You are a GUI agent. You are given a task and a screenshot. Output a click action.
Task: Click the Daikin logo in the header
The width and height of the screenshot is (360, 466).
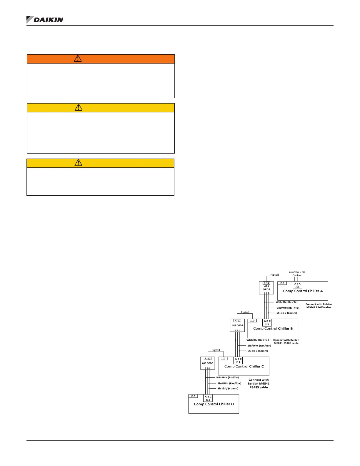[x=45, y=20]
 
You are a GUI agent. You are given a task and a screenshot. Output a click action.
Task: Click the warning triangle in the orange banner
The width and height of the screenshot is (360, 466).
[x=78, y=59]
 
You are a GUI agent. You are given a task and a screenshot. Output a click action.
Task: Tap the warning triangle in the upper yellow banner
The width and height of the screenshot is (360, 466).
[x=79, y=107]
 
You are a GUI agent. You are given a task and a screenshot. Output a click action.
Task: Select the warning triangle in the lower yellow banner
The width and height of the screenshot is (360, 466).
[x=78, y=163]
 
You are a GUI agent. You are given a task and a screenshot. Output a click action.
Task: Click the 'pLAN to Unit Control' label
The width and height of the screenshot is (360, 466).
[x=297, y=274]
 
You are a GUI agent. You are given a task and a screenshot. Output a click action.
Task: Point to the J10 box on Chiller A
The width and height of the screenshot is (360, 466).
[x=282, y=283]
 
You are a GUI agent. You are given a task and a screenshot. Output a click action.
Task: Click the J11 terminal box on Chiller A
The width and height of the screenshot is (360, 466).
[x=297, y=285]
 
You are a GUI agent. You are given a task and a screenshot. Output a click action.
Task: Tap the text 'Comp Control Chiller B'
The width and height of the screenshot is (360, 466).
[x=273, y=329]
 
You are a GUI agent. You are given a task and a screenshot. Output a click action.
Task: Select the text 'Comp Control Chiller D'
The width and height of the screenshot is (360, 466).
[x=214, y=404]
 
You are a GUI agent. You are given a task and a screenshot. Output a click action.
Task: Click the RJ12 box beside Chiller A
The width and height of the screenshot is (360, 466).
[x=266, y=283]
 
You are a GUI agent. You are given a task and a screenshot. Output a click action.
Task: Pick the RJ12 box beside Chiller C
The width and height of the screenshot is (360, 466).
[x=208, y=359]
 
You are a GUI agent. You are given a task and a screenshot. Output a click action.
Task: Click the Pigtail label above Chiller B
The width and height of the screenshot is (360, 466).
[x=245, y=312]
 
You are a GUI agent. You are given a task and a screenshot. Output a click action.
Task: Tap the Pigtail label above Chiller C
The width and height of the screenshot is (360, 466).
[x=216, y=350]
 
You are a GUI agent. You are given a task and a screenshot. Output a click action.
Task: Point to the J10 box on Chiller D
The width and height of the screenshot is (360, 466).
[x=193, y=396]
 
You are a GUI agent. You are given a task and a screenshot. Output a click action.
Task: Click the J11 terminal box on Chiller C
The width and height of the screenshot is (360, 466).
[x=238, y=360]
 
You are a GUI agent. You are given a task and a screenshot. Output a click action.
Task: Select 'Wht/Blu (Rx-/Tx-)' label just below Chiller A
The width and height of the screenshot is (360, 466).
[x=287, y=302]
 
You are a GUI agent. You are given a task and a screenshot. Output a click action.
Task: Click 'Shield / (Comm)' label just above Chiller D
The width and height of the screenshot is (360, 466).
[x=228, y=388]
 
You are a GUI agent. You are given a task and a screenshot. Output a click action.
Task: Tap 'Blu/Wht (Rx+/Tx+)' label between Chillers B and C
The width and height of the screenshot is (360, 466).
[x=259, y=346]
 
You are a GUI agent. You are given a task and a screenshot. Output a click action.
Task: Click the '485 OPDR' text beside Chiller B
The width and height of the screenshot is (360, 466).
[x=237, y=325]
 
